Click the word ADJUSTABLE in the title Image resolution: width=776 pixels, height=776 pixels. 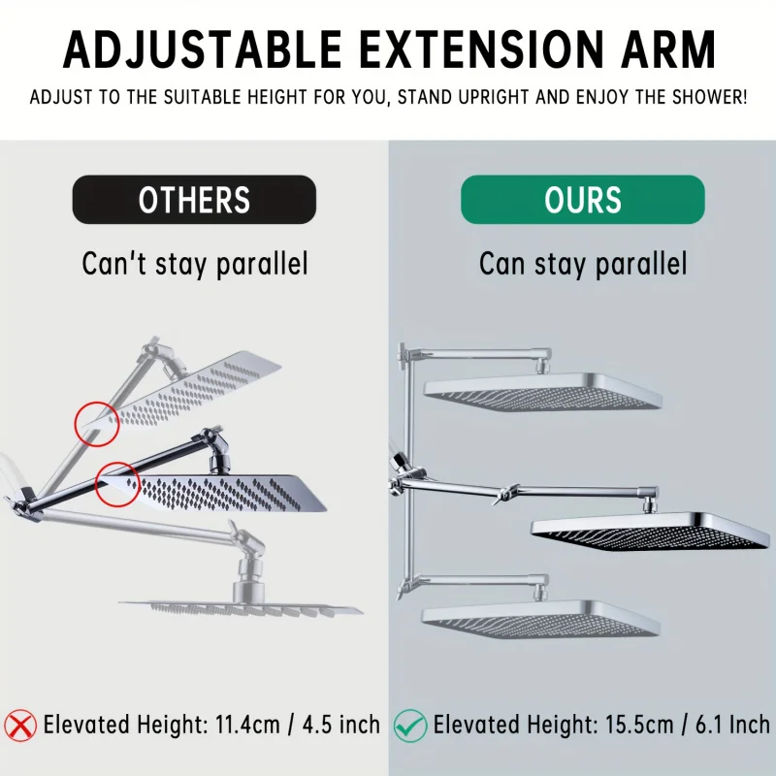pyautogui.click(x=203, y=49)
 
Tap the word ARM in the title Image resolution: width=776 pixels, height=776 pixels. pyautogui.click(x=668, y=49)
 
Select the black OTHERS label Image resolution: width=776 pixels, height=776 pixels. pyautogui.click(x=194, y=200)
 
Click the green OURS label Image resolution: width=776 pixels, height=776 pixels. pyautogui.click(x=583, y=200)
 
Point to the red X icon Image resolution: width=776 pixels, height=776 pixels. pyautogui.click(x=20, y=726)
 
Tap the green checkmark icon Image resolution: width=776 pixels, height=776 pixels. pyautogui.click(x=410, y=726)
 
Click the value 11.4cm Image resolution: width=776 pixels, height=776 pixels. pyautogui.click(x=247, y=725)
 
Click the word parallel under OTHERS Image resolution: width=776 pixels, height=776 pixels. pyautogui.click(x=262, y=264)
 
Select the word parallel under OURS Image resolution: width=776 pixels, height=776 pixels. pyautogui.click(x=641, y=264)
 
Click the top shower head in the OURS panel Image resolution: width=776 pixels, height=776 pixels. pyautogui.click(x=543, y=392)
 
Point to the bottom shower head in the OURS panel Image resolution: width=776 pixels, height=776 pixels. pyautogui.click(x=541, y=619)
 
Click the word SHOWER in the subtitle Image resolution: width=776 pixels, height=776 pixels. pyautogui.click(x=709, y=97)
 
